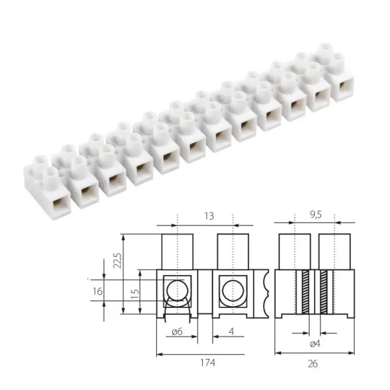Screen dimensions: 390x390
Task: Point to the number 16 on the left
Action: [96, 292]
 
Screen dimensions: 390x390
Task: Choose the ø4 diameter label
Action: [314, 343]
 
